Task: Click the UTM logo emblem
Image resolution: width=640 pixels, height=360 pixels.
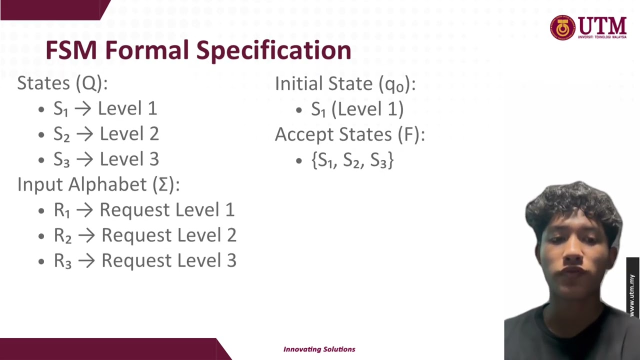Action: click(x=563, y=27)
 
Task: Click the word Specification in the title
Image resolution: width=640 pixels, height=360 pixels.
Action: click(x=273, y=51)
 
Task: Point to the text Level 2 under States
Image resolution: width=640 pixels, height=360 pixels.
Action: click(x=129, y=134)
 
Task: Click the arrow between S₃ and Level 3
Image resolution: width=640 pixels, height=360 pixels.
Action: click(x=85, y=159)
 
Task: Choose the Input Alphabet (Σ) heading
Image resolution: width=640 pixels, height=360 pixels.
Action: click(x=98, y=184)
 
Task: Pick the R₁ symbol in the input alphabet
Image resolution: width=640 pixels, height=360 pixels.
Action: click(x=62, y=210)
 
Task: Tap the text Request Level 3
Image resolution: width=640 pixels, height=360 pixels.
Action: click(x=169, y=260)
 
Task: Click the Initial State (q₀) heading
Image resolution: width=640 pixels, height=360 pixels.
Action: click(x=345, y=84)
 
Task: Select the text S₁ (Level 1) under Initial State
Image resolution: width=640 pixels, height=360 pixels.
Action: click(x=357, y=109)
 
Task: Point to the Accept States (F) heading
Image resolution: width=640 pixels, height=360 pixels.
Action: click(x=349, y=134)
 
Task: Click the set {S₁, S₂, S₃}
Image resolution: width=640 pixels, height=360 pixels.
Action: click(x=352, y=160)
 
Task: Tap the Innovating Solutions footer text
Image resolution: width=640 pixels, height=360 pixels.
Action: click(x=319, y=349)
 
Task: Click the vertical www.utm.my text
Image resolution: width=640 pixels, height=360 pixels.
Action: click(x=632, y=295)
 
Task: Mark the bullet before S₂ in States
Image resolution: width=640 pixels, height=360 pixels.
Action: click(x=41, y=134)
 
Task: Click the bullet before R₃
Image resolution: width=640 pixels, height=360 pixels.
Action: click(x=41, y=261)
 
